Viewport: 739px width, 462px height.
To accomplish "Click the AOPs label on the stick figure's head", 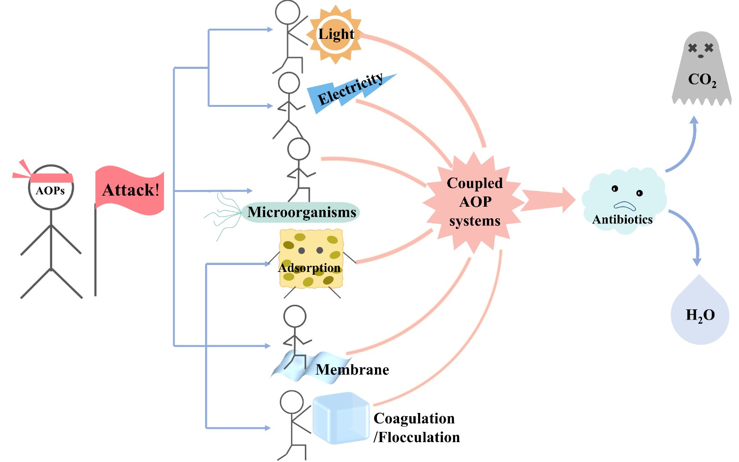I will click(x=50, y=191).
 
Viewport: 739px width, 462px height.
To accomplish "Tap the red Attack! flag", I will click(x=130, y=190).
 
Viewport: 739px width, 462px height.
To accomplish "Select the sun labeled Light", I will click(x=336, y=34).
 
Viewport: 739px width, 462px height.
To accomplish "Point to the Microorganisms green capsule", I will click(x=301, y=212).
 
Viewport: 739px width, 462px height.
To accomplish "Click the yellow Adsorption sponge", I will click(x=311, y=259).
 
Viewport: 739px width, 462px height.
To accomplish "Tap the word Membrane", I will click(x=352, y=370).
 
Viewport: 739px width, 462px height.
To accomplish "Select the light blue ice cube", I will click(x=341, y=418).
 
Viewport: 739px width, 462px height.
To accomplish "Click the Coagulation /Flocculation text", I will click(x=416, y=428).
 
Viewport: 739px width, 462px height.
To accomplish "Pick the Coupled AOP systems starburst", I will click(x=474, y=202).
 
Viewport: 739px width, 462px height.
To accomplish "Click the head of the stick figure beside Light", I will click(x=288, y=12).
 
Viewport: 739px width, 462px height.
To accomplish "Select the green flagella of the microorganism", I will click(x=224, y=216).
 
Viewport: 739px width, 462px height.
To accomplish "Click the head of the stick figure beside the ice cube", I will click(x=291, y=402).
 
